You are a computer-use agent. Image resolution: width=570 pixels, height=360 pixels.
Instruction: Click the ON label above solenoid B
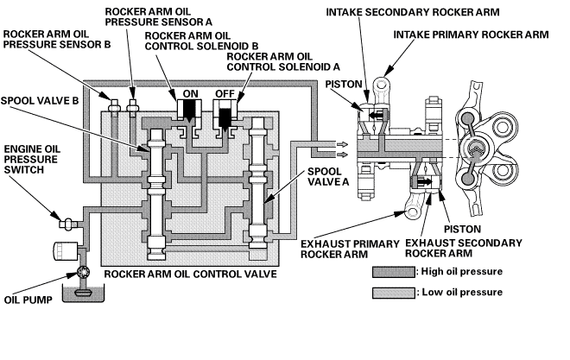click(x=191, y=94)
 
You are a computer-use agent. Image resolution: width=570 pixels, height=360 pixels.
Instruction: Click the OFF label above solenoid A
click(x=225, y=94)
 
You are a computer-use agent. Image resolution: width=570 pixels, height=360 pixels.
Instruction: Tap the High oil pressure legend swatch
click(x=393, y=272)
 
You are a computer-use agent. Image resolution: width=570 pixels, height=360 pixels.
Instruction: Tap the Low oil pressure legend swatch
click(x=393, y=293)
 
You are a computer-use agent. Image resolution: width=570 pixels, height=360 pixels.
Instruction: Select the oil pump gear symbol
click(x=82, y=273)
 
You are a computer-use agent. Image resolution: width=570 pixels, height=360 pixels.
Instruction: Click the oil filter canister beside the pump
click(x=66, y=251)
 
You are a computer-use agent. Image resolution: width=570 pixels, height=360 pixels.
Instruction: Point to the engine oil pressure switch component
click(x=66, y=223)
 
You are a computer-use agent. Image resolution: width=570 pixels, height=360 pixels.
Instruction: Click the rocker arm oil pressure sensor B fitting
click(x=114, y=105)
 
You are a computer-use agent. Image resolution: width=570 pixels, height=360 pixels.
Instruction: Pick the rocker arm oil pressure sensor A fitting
click(x=131, y=105)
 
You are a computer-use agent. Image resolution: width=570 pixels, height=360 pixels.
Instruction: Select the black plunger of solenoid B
click(x=190, y=111)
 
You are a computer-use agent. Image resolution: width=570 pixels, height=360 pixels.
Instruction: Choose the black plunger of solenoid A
click(x=225, y=118)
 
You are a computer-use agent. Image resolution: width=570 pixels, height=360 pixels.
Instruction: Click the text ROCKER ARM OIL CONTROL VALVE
click(x=191, y=274)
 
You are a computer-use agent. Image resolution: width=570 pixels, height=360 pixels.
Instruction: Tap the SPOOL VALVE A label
click(x=328, y=177)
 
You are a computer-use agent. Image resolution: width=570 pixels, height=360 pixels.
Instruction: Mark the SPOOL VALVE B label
click(x=40, y=101)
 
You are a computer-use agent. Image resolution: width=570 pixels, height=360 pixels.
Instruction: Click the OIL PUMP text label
click(x=28, y=300)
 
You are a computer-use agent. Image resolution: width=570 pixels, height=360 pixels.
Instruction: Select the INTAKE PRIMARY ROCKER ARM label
click(x=472, y=35)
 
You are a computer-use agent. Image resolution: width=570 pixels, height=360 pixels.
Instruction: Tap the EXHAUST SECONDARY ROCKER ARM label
click(x=464, y=248)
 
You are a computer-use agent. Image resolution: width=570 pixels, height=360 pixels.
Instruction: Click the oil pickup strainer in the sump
click(x=84, y=293)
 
